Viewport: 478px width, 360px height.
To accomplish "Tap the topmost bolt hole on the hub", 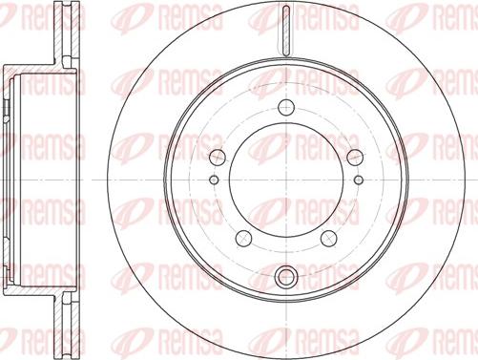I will point(284,107).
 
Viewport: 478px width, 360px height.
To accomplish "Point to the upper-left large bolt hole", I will point(217,156).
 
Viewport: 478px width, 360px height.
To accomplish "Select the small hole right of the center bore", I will point(358,179).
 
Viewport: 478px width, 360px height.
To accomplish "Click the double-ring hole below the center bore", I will point(284,277).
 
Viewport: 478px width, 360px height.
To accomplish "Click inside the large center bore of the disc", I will point(284,180).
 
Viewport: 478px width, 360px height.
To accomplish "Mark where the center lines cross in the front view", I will point(284,180).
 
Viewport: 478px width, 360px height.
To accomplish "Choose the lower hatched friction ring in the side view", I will point(64,323).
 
